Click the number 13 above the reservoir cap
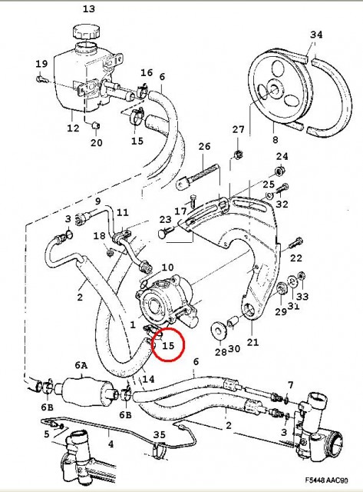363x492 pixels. pyautogui.click(x=88, y=8)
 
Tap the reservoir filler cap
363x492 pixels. pyautogui.click(x=87, y=32)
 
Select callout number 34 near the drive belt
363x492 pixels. pyautogui.click(x=316, y=34)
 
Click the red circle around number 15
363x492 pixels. pyautogui.click(x=169, y=344)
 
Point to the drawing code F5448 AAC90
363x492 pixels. pyautogui.click(x=326, y=480)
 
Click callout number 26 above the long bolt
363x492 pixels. pyautogui.click(x=204, y=146)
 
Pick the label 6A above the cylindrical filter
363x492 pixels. pyautogui.click(x=81, y=365)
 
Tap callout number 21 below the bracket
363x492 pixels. pyautogui.click(x=252, y=342)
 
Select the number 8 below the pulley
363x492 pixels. pyautogui.click(x=275, y=139)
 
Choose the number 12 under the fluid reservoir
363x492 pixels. pyautogui.click(x=73, y=128)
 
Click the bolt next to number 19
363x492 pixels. pyautogui.click(x=41, y=78)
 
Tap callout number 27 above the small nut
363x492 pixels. pyautogui.click(x=238, y=129)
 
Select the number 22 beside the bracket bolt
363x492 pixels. pyautogui.click(x=296, y=258)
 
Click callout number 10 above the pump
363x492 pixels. pyautogui.click(x=167, y=268)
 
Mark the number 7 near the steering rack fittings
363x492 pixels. pyautogui.click(x=291, y=384)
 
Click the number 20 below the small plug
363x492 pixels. pyautogui.click(x=97, y=142)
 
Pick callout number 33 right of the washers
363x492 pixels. pyautogui.click(x=302, y=296)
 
